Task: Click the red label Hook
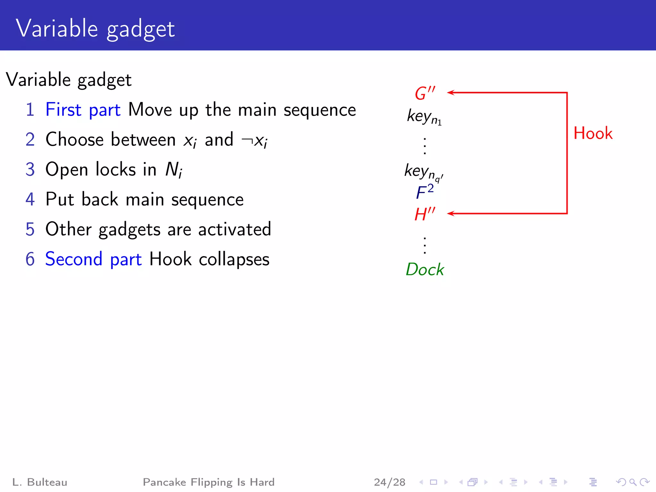[x=593, y=133]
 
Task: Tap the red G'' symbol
[x=425, y=93]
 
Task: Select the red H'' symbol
[x=425, y=214]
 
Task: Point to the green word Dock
[x=425, y=269]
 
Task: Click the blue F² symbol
[x=425, y=192]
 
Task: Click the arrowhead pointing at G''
[x=450, y=93]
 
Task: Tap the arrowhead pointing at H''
[x=450, y=213]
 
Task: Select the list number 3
[x=30, y=169]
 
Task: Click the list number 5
[x=30, y=229]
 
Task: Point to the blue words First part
[x=83, y=110]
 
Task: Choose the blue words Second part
[x=93, y=259]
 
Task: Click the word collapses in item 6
[x=234, y=259]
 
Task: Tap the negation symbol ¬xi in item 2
[x=254, y=140]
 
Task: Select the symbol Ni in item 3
[x=174, y=169]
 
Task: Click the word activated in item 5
[x=234, y=229]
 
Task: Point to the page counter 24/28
[x=389, y=482]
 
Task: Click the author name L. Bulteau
[x=40, y=482]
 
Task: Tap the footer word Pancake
[x=164, y=482]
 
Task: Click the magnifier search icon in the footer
[x=633, y=482]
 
